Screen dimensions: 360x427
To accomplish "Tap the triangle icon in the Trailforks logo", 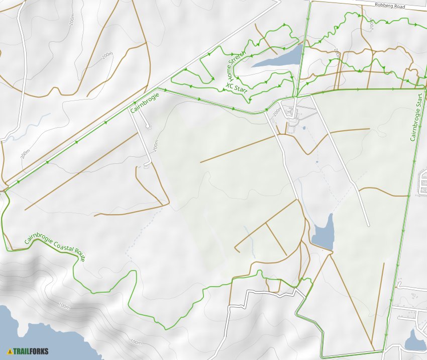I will (x=10, y=351).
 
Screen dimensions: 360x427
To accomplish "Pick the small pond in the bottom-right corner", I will (x=415, y=342).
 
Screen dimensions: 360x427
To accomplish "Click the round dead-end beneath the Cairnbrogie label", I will (x=148, y=127).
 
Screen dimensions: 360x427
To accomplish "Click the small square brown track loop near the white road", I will (x=147, y=164).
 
